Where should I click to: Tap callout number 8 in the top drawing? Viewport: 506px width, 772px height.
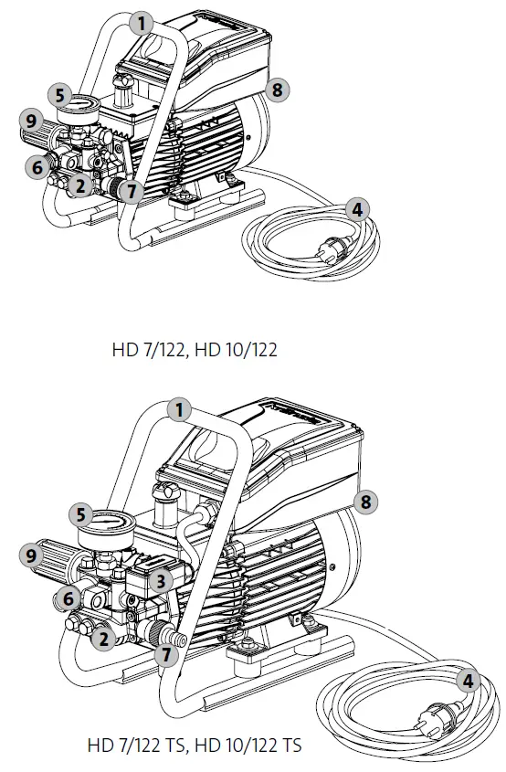point(279,90)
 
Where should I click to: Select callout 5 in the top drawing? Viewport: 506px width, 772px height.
point(59,94)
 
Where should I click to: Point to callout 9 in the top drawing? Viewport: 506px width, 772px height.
point(30,119)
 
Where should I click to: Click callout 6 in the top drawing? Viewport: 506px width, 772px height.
point(38,167)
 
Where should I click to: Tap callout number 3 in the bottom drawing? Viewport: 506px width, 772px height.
point(160,579)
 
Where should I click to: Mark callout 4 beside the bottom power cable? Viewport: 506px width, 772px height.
point(469,681)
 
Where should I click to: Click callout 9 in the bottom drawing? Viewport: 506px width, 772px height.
point(32,555)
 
